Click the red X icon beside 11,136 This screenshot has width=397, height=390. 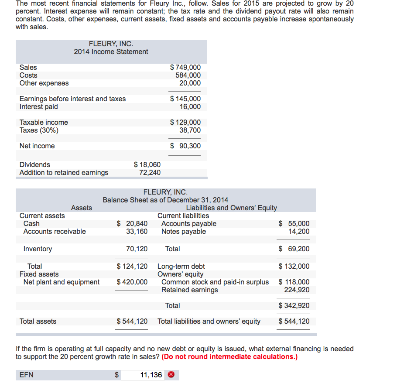[x=171, y=375]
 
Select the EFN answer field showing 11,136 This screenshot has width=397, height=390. [x=143, y=375]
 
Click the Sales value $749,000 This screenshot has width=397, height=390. [x=185, y=67]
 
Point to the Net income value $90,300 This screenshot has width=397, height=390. [x=185, y=146]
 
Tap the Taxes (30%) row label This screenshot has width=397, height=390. [x=39, y=130]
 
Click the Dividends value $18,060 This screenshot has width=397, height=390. [x=147, y=164]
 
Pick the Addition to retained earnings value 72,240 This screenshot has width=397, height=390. [x=150, y=172]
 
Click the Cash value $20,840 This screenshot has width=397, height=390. [x=133, y=223]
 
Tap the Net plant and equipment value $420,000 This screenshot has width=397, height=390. [x=132, y=282]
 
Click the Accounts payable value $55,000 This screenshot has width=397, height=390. [x=294, y=223]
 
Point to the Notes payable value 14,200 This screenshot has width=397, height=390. [x=299, y=231]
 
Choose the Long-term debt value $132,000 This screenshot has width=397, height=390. [x=294, y=266]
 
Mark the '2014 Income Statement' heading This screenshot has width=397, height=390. [x=111, y=51]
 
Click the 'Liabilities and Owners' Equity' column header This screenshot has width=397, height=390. [x=231, y=208]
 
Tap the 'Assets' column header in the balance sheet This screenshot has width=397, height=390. [x=82, y=208]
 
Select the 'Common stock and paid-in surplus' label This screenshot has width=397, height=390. [x=215, y=282]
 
